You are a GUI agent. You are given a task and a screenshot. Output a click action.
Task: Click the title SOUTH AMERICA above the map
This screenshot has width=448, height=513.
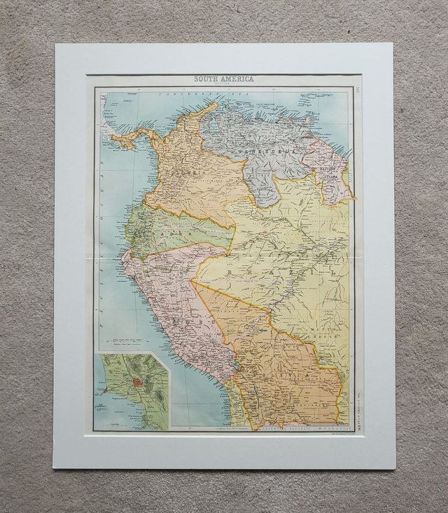[224, 79]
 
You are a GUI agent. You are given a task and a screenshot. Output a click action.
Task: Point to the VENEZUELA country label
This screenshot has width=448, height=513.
[262, 151]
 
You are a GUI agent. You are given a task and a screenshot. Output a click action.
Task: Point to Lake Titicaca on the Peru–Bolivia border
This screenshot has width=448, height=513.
[237, 366]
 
